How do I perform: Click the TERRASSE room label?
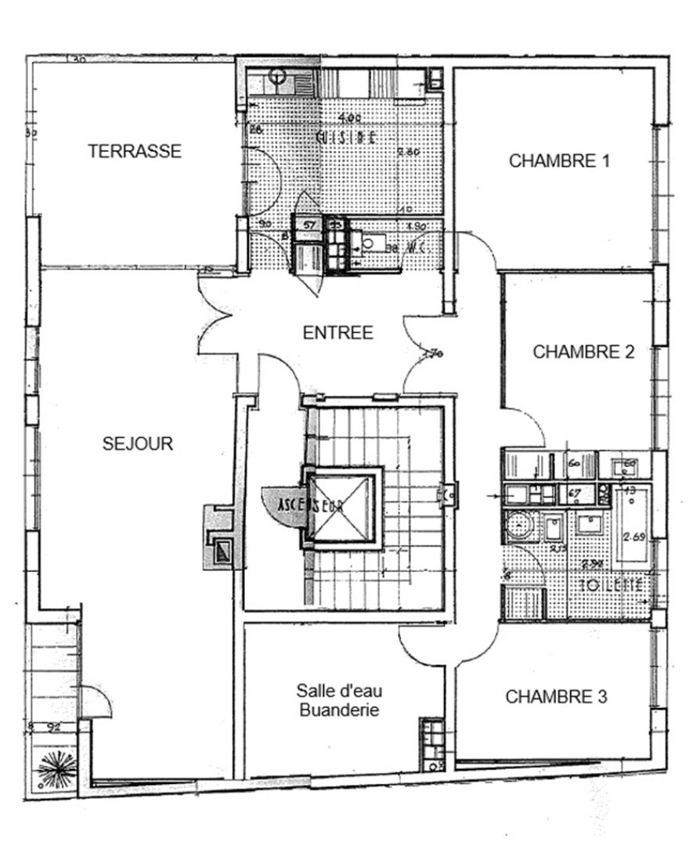pos(134,151)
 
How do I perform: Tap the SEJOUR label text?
pos(138,444)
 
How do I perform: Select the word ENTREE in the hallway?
pos(337,333)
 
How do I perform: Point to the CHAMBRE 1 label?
pos(559,161)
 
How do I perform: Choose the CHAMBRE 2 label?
pos(583,352)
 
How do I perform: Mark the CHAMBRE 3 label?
pos(556,696)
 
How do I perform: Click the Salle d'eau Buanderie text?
pos(338,700)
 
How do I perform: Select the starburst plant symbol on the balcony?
pos(54,769)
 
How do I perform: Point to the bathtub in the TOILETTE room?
pos(633,523)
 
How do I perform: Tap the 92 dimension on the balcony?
pos(54,726)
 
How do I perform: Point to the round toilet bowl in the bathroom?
pos(517,524)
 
